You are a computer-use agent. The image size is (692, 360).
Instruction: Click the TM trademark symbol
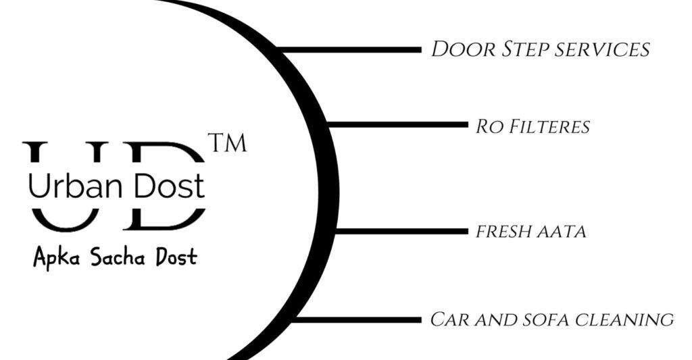point(228,144)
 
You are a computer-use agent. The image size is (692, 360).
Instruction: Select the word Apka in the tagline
point(55,257)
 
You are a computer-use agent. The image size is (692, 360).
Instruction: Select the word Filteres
point(548,126)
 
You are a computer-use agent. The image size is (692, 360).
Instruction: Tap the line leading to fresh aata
point(401,231)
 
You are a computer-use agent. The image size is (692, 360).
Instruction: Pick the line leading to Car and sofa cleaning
point(358,319)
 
